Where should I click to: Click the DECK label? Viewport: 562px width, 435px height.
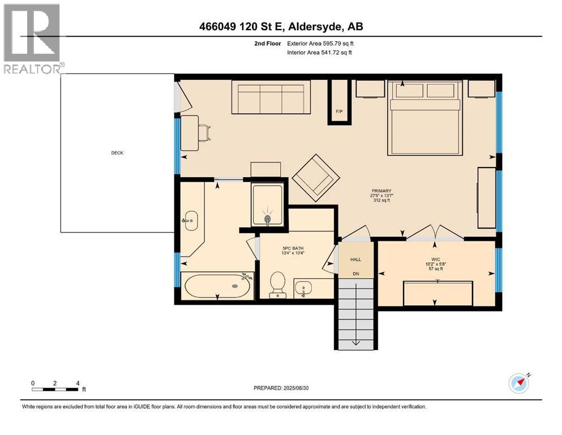[x=117, y=153]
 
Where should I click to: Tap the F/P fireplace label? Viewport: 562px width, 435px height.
[x=339, y=111]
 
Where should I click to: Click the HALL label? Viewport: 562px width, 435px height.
[x=355, y=259]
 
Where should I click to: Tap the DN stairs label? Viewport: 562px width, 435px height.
[x=355, y=273]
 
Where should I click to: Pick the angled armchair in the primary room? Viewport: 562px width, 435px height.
[x=316, y=177]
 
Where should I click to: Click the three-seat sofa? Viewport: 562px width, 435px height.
[x=271, y=97]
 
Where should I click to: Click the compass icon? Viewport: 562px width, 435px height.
[x=518, y=384]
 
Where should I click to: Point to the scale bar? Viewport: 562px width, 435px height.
[x=55, y=389]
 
